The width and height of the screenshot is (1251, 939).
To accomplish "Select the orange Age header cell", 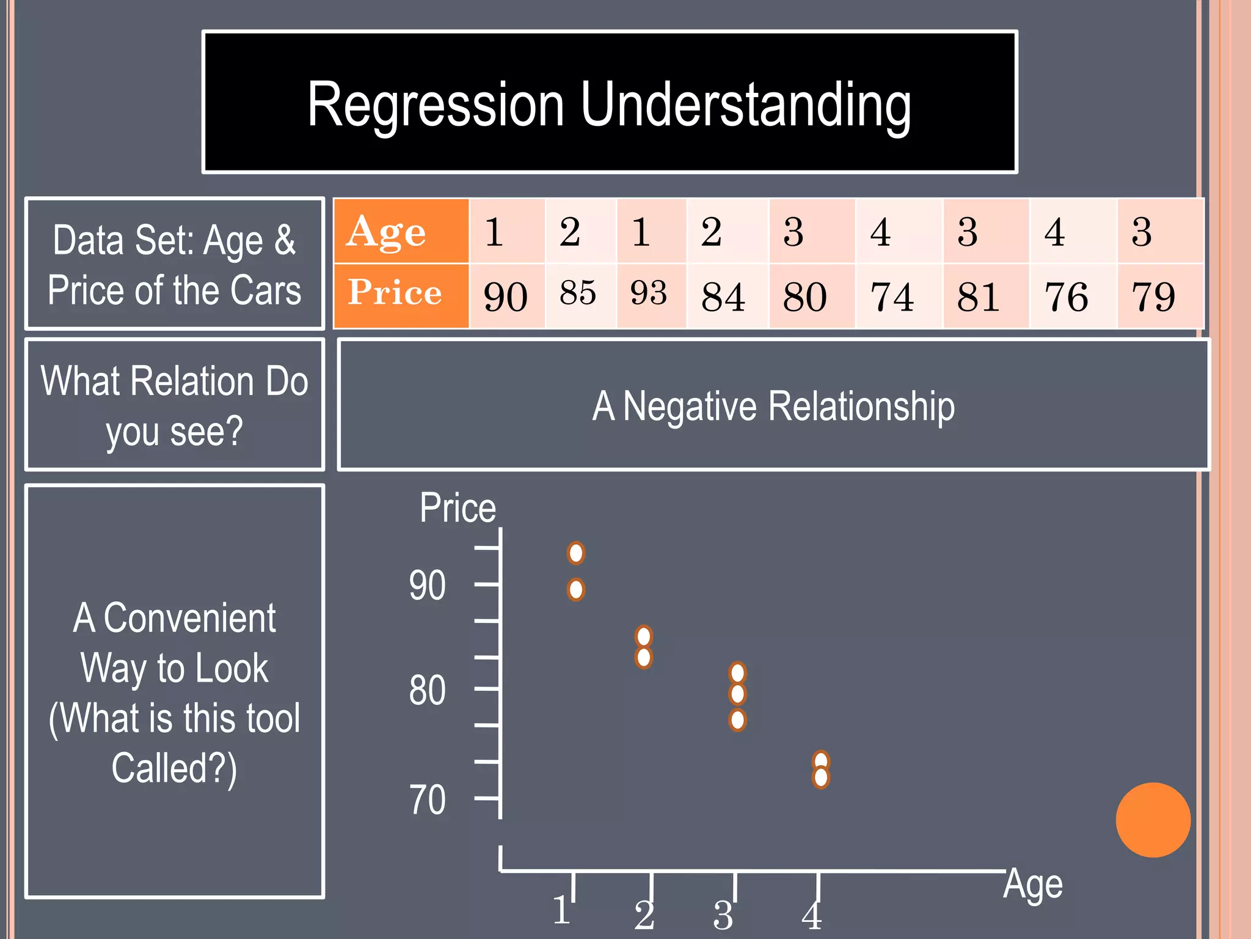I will pos(401,231).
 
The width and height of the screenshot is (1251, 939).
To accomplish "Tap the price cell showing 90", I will pos(506,296).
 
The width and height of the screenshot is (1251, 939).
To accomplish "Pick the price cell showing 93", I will pos(649,293).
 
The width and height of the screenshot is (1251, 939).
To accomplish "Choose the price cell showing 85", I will pos(578,293).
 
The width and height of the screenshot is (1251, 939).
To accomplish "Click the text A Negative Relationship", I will pos(773,406).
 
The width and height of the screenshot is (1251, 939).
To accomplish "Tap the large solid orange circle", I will pos(1153,820).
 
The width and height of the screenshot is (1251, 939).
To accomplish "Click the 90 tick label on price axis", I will pos(427,586).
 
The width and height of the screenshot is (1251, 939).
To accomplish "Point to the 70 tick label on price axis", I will pos(427,800).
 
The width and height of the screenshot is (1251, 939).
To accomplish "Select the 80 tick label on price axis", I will pos(427,691).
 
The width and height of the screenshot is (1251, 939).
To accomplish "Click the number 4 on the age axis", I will pos(812,915).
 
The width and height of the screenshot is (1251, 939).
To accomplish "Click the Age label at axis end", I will pos(1033,884).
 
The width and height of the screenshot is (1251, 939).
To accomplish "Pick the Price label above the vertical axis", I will pos(458,508).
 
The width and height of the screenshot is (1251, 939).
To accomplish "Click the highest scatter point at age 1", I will pos(576,553).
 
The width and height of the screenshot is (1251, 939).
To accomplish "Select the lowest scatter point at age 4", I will pos(821,778).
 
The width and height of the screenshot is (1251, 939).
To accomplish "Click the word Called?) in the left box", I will pos(174,768).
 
